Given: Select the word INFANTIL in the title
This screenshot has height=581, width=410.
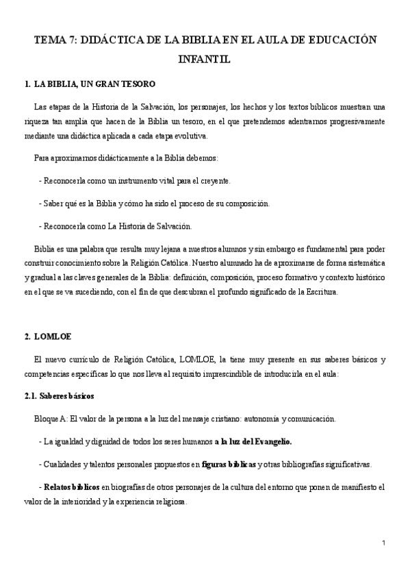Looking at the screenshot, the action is pos(205,60).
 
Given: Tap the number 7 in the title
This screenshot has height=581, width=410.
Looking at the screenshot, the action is pos(71,40).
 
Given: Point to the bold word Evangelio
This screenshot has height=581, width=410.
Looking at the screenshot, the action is pos(272,441).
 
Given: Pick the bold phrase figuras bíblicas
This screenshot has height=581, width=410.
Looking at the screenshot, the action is pos(229,464).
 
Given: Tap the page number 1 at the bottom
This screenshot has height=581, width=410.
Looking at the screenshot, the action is pos(384,543).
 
